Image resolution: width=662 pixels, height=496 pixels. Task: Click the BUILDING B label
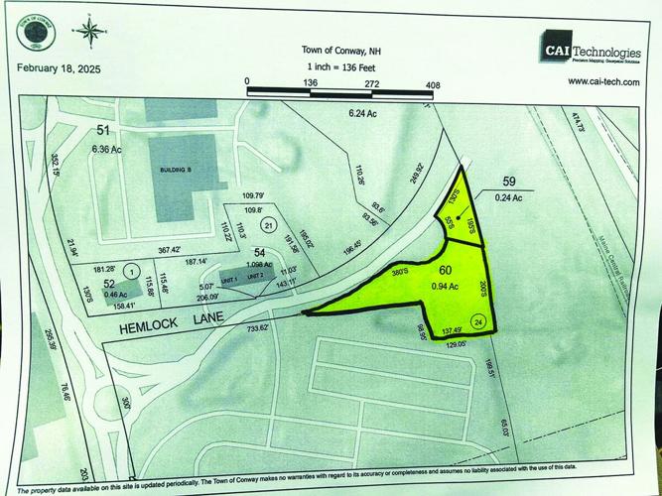pyautogui.click(x=176, y=171)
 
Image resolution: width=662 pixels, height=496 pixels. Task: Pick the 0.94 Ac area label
pyautogui.click(x=445, y=287)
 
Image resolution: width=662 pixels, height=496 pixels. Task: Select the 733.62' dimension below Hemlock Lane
pyautogui.click(x=250, y=327)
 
